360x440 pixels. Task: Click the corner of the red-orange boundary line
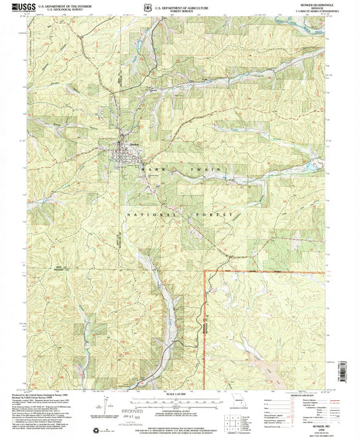click(205, 271)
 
